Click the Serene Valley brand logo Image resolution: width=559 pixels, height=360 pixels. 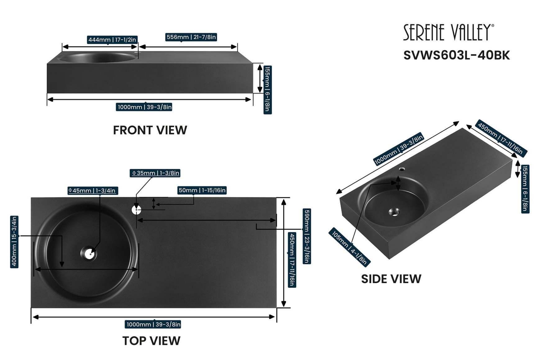pyautogui.click(x=448, y=32)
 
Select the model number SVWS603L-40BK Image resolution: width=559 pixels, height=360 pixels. pyautogui.click(x=456, y=55)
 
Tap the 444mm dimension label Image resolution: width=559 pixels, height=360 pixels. pyautogui.click(x=112, y=40)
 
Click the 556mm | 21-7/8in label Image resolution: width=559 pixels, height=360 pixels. pyautogui.click(x=191, y=37)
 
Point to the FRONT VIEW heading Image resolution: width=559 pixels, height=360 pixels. pyautogui.click(x=150, y=130)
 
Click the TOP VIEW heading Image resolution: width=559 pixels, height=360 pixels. pyautogui.click(x=151, y=341)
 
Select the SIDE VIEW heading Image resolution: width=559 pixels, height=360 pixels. pyautogui.click(x=391, y=279)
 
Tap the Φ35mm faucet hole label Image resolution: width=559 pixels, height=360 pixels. pyautogui.click(x=155, y=173)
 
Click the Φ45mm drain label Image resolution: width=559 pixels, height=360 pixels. pyautogui.click(x=93, y=190)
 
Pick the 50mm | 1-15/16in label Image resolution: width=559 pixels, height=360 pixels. pyautogui.click(x=202, y=190)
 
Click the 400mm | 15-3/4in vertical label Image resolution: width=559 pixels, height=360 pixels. pyautogui.click(x=14, y=242)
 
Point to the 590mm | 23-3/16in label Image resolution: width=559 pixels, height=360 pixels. pyautogui.click(x=307, y=236)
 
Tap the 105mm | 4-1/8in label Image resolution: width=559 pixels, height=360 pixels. pyautogui.click(x=349, y=248)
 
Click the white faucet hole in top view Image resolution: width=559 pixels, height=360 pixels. pyautogui.click(x=136, y=210)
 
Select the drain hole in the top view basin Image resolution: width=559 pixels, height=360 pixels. pyautogui.click(x=89, y=253)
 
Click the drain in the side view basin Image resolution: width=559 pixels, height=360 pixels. pyautogui.click(x=394, y=212)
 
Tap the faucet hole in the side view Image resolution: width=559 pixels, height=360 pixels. pyautogui.click(x=402, y=169)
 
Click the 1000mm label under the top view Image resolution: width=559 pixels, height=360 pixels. pyautogui.click(x=153, y=324)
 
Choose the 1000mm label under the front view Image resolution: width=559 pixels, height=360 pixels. pyautogui.click(x=144, y=107)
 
